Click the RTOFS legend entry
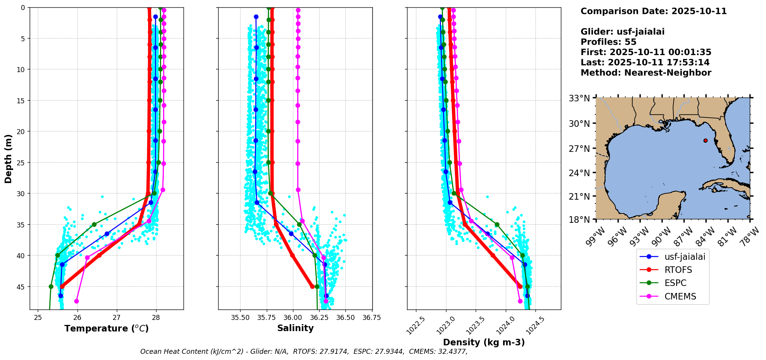point(678,270)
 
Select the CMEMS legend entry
point(680,296)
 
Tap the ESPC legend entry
point(675,283)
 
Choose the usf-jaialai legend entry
point(685,256)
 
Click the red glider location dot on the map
point(705,140)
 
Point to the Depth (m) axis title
point(8,158)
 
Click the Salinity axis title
point(295,328)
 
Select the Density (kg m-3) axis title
point(484,342)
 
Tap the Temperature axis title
point(106,328)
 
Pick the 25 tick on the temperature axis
point(38,318)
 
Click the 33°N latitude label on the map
point(579,99)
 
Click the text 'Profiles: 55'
point(608,42)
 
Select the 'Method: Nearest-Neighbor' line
point(646,72)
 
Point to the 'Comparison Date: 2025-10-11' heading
point(653,11)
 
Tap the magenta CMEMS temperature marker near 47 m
point(76,301)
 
